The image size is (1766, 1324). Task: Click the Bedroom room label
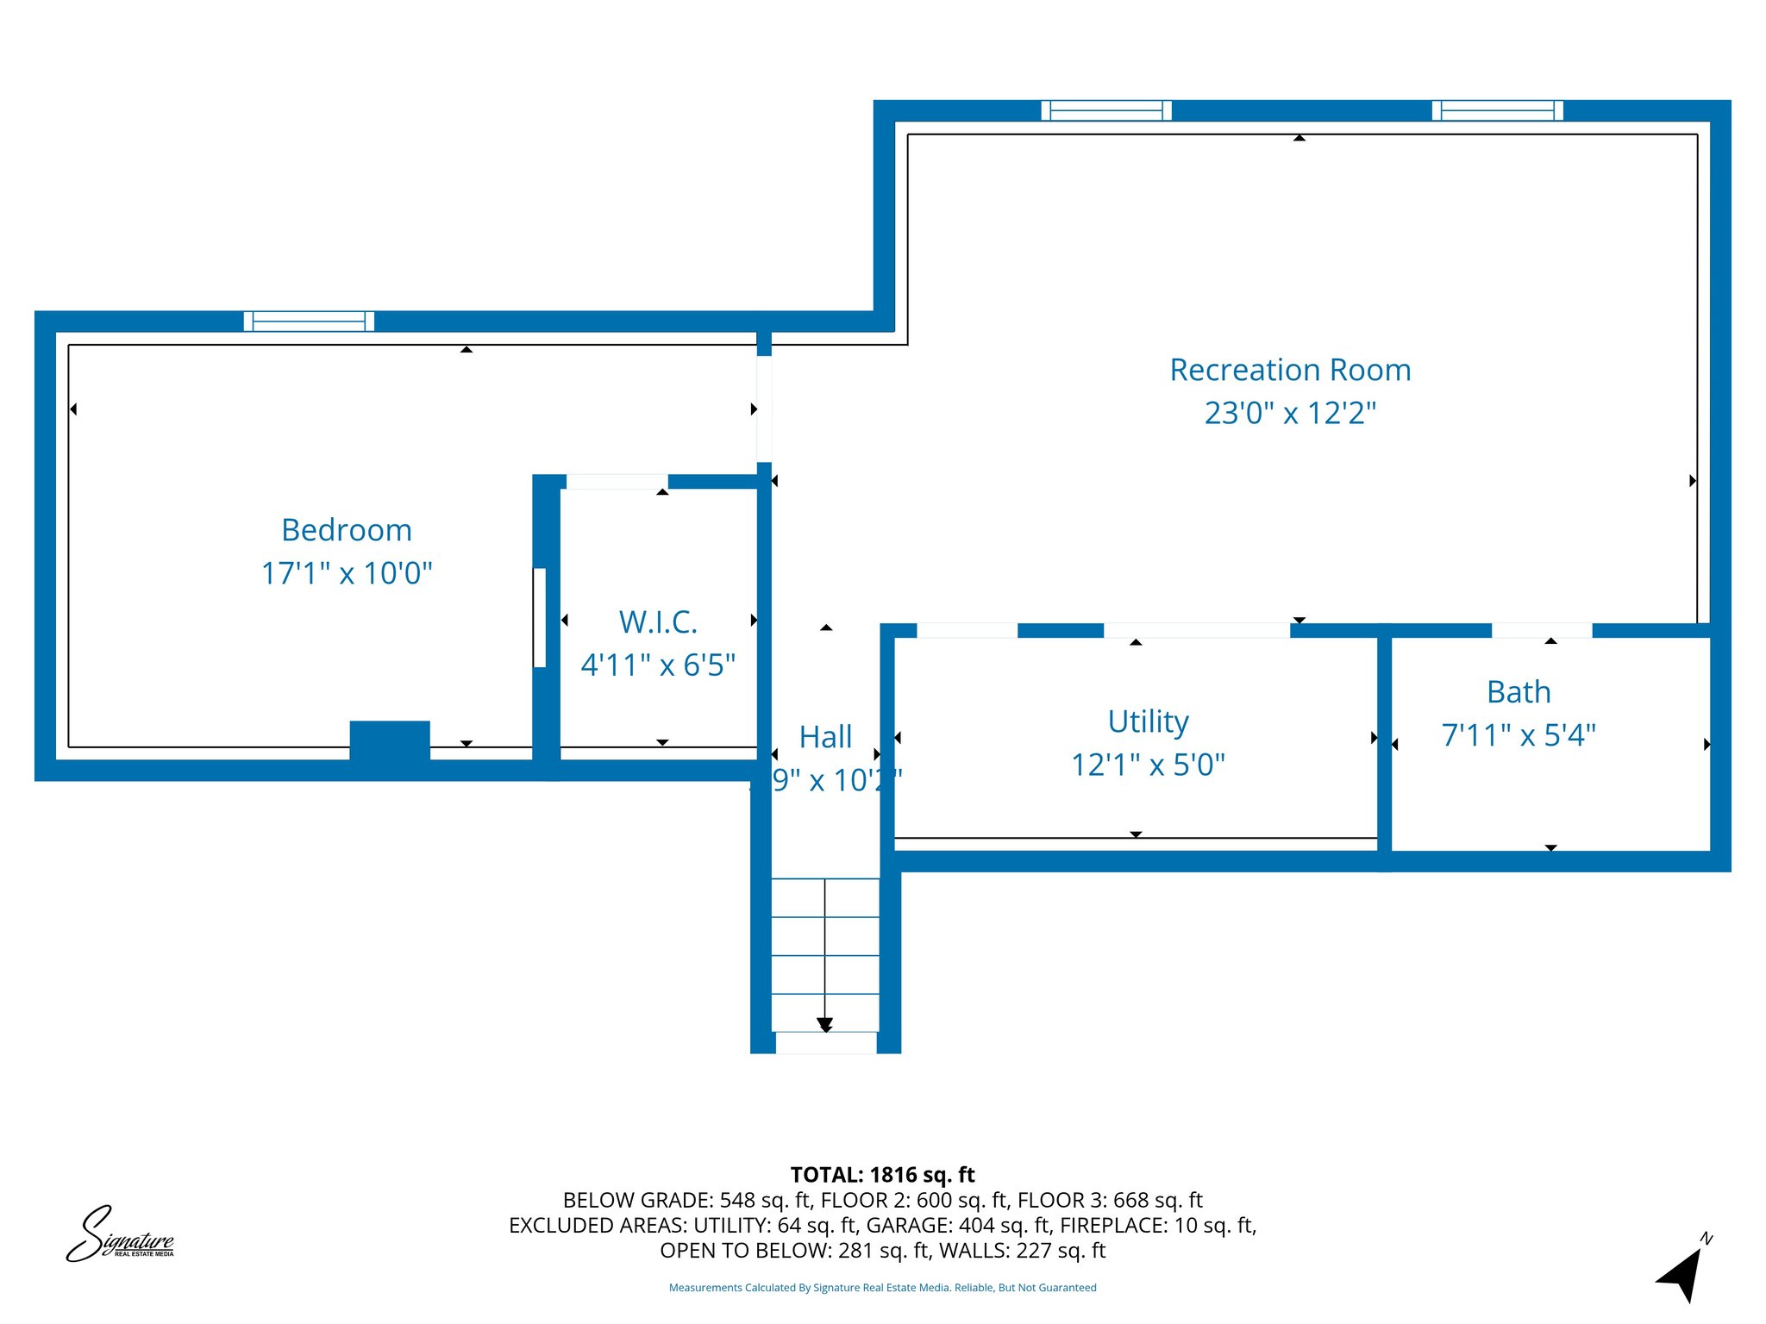[x=347, y=530]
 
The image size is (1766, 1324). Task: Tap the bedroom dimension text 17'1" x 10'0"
[x=347, y=573]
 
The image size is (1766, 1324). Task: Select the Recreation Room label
[x=1290, y=370]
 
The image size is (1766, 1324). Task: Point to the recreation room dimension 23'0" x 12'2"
[x=1290, y=413]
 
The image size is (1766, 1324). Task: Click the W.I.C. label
[x=658, y=622]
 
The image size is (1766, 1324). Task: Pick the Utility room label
[x=1148, y=721]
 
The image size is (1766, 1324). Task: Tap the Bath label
[x=1519, y=692]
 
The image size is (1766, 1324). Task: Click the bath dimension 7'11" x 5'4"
[x=1519, y=735]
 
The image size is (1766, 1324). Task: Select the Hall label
[x=825, y=737]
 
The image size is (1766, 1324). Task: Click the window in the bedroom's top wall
[x=309, y=322]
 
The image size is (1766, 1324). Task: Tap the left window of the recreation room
[x=1106, y=110]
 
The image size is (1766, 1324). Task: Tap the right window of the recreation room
[x=1497, y=110]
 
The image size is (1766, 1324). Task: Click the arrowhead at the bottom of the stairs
[x=825, y=1025]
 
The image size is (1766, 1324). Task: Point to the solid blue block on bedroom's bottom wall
[x=390, y=740]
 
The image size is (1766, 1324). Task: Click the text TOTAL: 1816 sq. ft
[x=882, y=1175]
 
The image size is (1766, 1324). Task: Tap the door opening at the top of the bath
[x=1542, y=630]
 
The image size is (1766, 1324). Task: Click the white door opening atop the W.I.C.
[x=617, y=482]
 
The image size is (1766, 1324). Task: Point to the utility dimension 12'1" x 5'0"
[x=1148, y=765]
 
